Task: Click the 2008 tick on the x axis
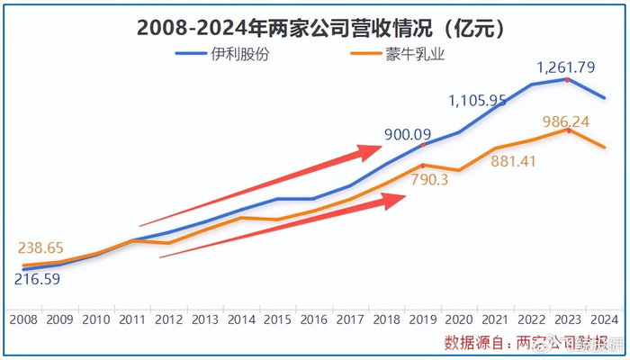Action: click(23, 319)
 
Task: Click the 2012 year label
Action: click(169, 319)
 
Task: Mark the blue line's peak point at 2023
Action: click(567, 79)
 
